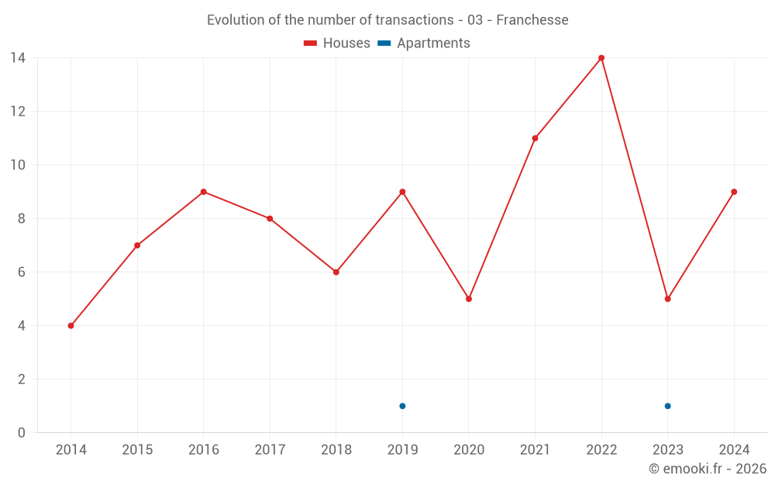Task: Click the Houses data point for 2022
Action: pyautogui.click(x=601, y=58)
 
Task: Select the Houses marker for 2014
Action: pyautogui.click(x=71, y=326)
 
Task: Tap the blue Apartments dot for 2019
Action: pyautogui.click(x=402, y=406)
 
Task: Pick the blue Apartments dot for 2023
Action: pyautogui.click(x=667, y=406)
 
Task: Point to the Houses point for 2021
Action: pyautogui.click(x=535, y=138)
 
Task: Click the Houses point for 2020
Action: pyautogui.click(x=469, y=299)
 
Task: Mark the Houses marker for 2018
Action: pyautogui.click(x=336, y=272)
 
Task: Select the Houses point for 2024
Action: pyautogui.click(x=734, y=192)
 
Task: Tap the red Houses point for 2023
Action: pyautogui.click(x=667, y=299)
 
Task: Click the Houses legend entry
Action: pyautogui.click(x=337, y=43)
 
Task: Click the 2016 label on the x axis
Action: pyautogui.click(x=204, y=450)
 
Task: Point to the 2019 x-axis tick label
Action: pyautogui.click(x=402, y=450)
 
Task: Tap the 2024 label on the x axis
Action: pyautogui.click(x=734, y=450)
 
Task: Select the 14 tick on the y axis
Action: pyautogui.click(x=18, y=58)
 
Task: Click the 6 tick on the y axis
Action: pyautogui.click(x=22, y=272)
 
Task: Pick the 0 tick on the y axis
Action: pyautogui.click(x=22, y=433)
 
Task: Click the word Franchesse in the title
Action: pyautogui.click(x=532, y=20)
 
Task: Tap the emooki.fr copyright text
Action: pyautogui.click(x=708, y=469)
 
